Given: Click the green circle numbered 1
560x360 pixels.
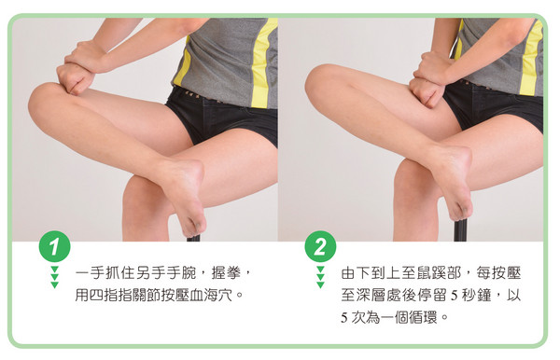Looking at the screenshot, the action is (54, 246).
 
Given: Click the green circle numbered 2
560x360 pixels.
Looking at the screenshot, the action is (320, 246).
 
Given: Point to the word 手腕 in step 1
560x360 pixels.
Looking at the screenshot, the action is (182, 273).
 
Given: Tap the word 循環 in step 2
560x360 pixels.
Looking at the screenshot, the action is (424, 317).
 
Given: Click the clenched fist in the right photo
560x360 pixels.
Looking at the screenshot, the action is (427, 91).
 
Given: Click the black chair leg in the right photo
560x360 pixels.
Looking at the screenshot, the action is (460, 230).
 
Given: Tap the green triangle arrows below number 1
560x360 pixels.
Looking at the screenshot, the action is (54, 277).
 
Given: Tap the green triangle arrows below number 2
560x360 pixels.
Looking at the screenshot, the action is (320, 277).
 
